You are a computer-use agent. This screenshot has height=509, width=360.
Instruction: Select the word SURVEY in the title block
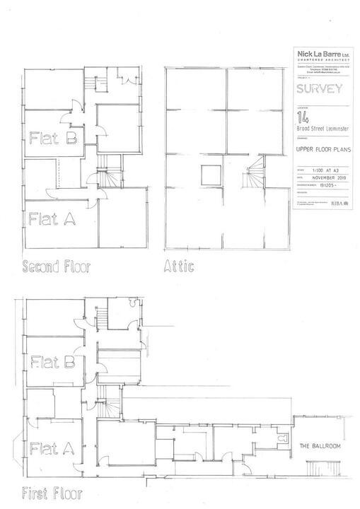click(x=319, y=88)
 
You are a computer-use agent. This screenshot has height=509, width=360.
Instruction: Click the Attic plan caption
click(x=179, y=267)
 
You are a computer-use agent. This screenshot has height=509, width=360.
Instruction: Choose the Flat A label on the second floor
click(x=52, y=219)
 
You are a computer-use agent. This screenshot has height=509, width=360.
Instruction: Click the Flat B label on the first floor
click(x=54, y=363)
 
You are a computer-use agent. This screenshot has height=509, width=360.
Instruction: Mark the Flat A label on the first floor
click(x=52, y=447)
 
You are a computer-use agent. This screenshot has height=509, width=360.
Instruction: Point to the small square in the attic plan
click(x=210, y=174)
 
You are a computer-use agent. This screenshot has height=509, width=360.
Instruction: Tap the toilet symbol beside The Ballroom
click(x=281, y=439)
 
